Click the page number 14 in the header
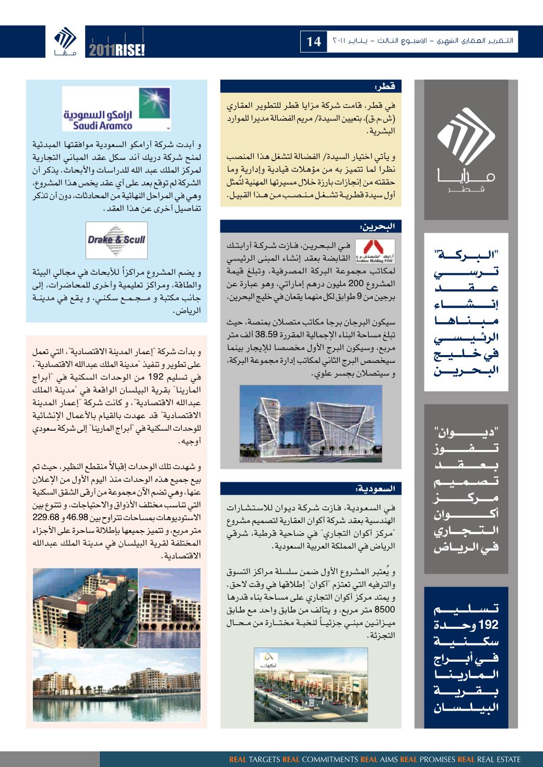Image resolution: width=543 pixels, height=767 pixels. [314, 41]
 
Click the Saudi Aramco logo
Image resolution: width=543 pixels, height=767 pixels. [116, 108]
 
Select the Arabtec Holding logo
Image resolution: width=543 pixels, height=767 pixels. [374, 252]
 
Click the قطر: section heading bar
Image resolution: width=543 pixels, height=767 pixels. [311, 86]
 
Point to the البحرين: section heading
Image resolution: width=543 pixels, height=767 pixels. [311, 226]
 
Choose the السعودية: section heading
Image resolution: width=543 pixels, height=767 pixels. [311, 489]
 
